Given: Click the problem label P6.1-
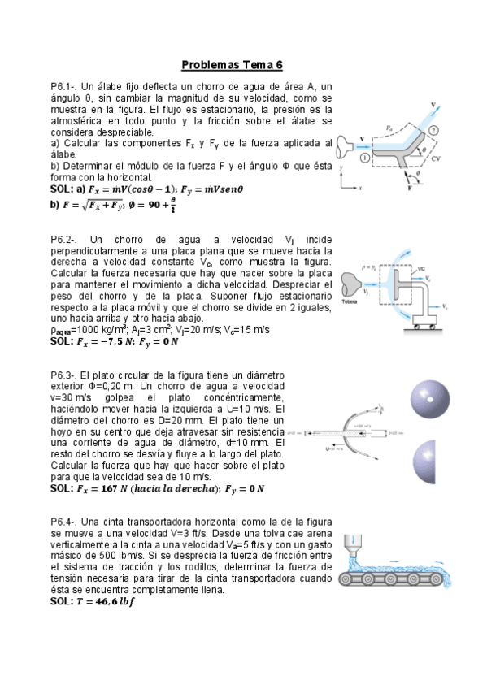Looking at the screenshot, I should pos(64,86).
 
